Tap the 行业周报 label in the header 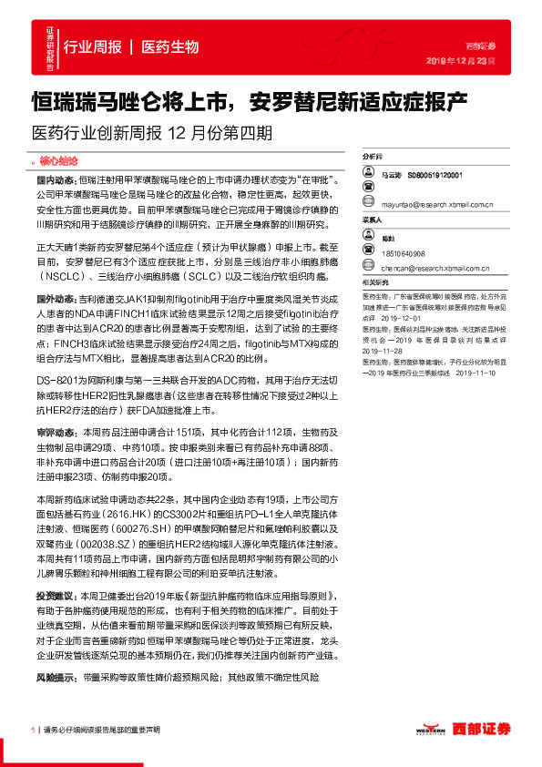click(x=91, y=46)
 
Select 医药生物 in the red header click(x=170, y=46)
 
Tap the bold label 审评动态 click(x=56, y=433)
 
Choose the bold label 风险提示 click(x=56, y=679)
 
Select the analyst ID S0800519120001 click(x=435, y=174)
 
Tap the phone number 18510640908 click(x=403, y=254)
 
